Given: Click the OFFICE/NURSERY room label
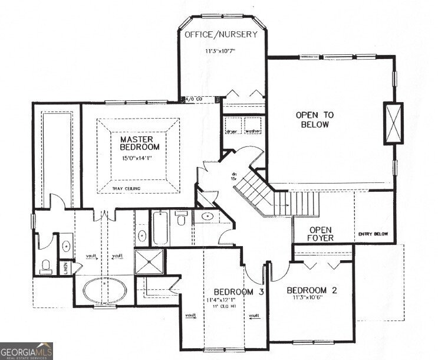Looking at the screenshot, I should pos(221,34).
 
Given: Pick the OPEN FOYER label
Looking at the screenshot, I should pos(320,234).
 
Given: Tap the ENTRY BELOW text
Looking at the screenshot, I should pos(373,235).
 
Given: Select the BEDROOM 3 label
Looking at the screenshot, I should pos(238,292).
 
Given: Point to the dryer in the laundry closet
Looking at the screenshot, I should pos(232,131).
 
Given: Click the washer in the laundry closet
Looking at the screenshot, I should pos(253,131).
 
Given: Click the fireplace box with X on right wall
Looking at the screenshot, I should pos(393,123).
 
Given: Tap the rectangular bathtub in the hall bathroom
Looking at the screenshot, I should pos(161,229).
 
